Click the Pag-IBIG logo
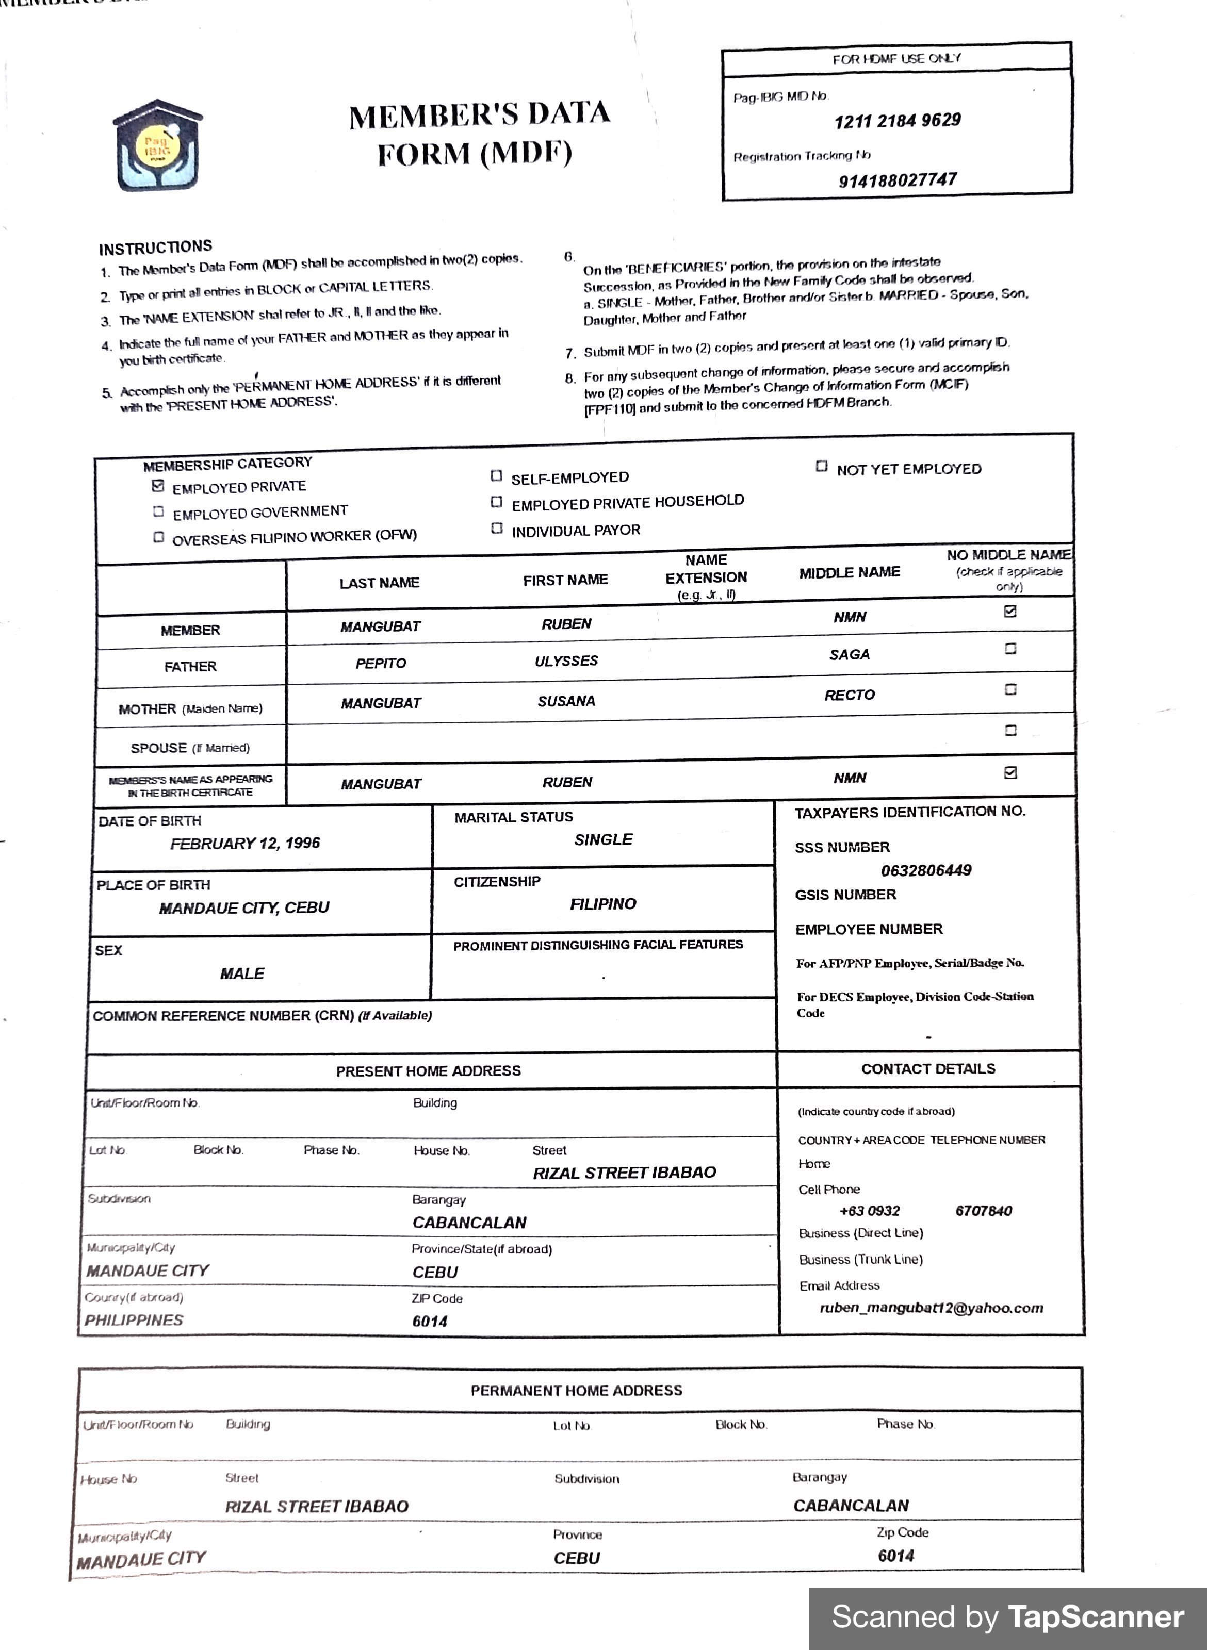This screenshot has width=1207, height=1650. tap(157, 146)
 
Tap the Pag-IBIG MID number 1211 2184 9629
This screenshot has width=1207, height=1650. tap(897, 121)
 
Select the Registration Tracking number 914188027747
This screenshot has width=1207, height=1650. tap(897, 179)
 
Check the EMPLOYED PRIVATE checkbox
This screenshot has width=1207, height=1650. tap(158, 486)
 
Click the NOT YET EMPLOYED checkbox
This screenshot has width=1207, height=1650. tap(821, 466)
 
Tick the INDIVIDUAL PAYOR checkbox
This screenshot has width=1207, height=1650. tap(497, 528)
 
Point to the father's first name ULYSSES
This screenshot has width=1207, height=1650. tap(566, 661)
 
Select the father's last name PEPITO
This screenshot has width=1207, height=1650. tap(381, 663)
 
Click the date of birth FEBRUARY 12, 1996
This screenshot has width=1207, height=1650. tap(245, 844)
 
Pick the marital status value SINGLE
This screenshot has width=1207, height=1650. tap(603, 840)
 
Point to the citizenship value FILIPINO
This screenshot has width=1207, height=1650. tap(603, 904)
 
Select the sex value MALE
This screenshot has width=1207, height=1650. tap(242, 973)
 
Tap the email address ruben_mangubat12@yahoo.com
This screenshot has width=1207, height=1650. tap(931, 1308)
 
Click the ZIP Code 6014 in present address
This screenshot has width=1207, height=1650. tap(430, 1322)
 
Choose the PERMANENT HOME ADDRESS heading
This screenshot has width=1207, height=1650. tap(576, 1391)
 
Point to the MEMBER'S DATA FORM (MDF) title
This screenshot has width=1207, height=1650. tap(479, 133)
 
